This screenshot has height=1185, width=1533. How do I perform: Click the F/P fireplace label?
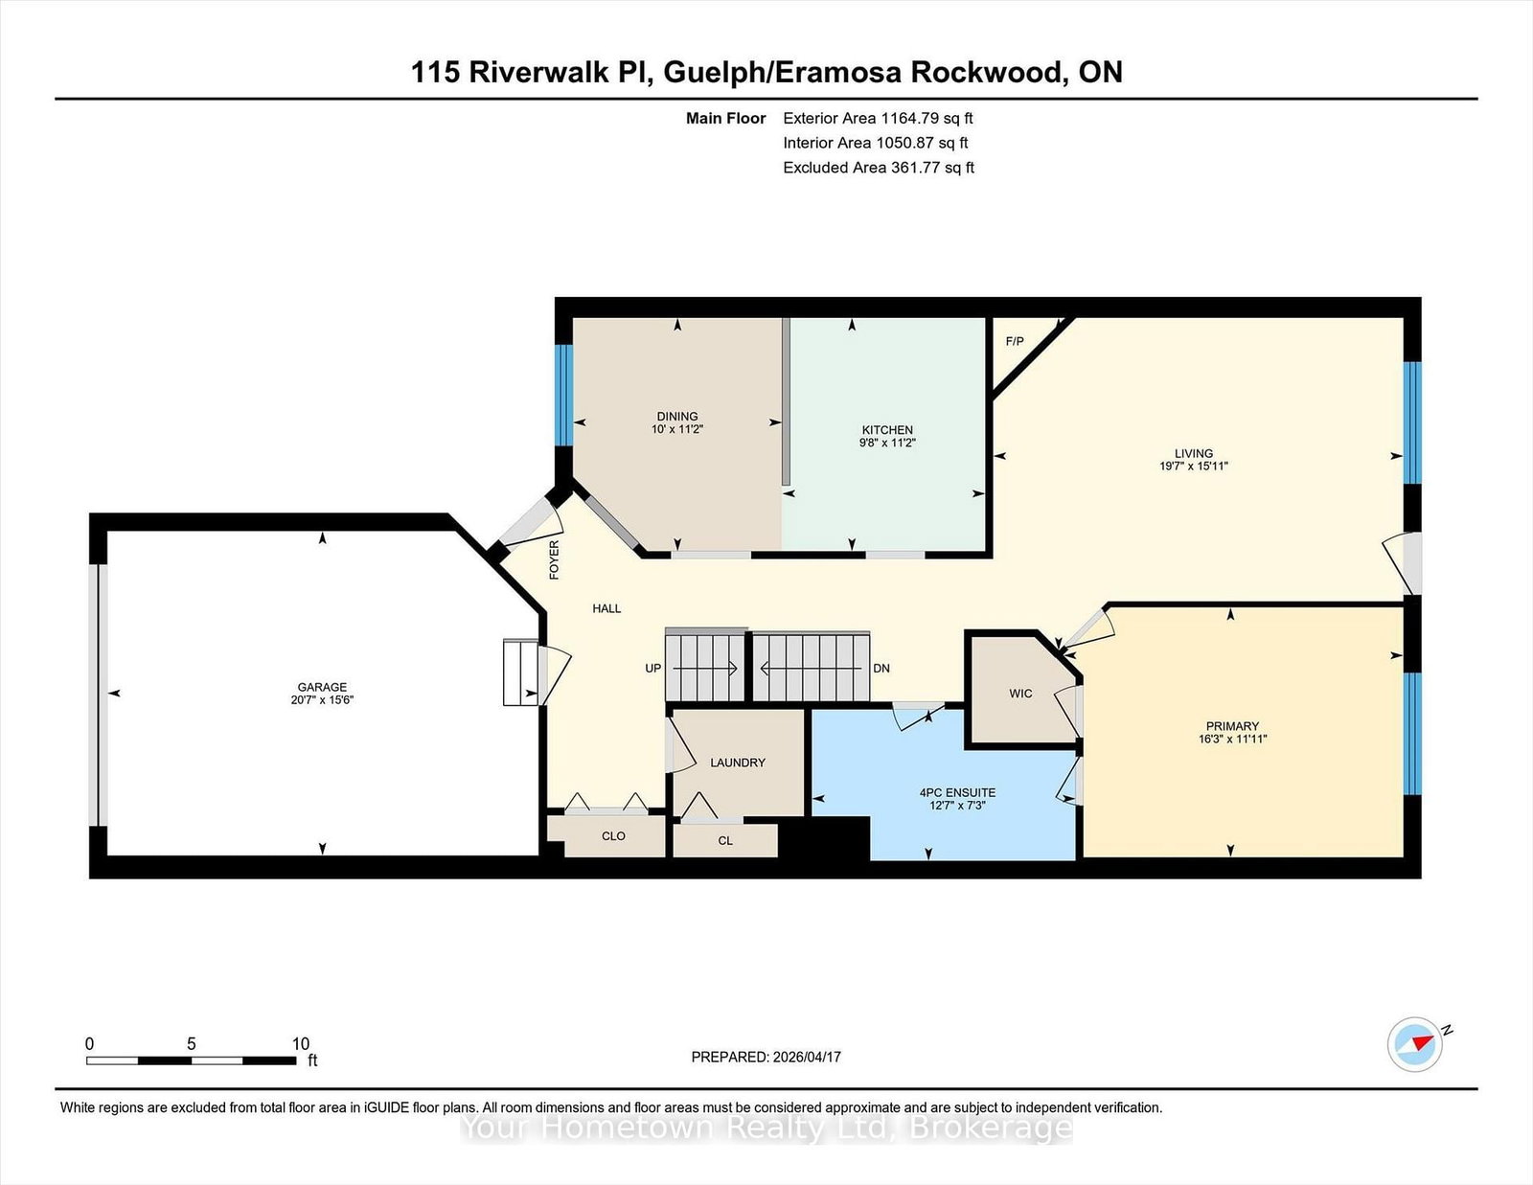point(1015,341)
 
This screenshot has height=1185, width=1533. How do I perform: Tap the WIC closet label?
point(1020,693)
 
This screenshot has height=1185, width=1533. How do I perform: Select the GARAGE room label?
point(322,687)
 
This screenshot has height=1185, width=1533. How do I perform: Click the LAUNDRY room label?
point(738,763)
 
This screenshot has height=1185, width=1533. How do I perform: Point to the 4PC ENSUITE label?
point(957,792)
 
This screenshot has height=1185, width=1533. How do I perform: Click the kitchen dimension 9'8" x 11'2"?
point(887,443)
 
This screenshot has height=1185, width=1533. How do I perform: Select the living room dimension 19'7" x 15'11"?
point(1193,467)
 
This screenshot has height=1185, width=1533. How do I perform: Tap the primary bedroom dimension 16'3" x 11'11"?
point(1232,740)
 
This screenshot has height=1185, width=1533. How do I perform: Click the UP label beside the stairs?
point(653,668)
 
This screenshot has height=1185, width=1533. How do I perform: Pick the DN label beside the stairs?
point(881,668)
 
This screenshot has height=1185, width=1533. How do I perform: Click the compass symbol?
point(1415,1044)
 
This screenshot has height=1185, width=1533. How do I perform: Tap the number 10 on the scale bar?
point(301,1044)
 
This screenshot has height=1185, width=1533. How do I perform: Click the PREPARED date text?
point(766,1057)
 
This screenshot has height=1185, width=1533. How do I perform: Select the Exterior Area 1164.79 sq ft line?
point(878,119)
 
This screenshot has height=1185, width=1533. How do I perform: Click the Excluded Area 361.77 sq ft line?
point(878,168)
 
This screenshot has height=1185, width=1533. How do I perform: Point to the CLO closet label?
point(613,835)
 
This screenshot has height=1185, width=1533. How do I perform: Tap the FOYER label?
point(554,560)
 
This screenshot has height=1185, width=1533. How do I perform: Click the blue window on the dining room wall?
point(563,395)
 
